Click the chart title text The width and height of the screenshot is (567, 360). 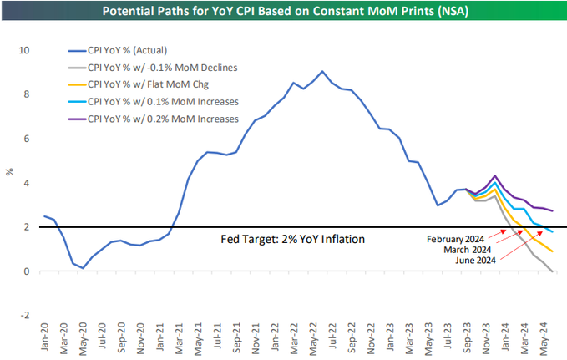pos(283,12)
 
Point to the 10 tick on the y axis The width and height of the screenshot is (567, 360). pos(23,50)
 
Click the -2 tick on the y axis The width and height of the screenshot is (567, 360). pos(25,315)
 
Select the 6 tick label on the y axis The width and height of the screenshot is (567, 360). pos(26,139)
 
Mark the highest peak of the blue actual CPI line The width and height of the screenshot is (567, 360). pos(322,71)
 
